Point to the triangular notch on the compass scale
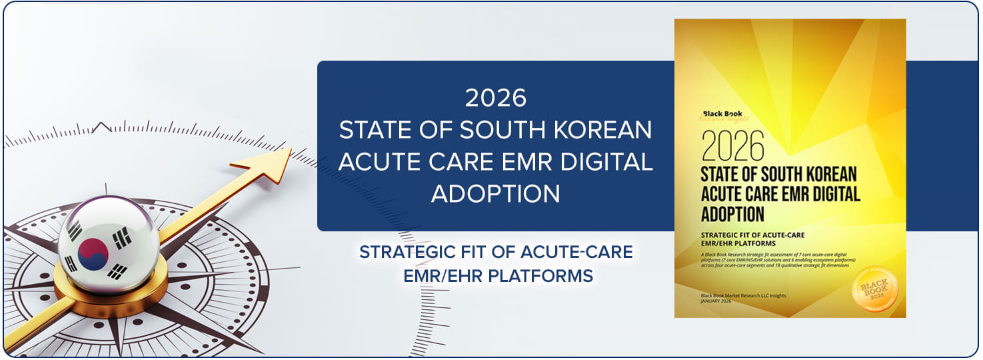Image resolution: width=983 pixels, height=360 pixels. tap(101, 126)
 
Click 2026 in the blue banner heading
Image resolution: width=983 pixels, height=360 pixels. tap(495, 98)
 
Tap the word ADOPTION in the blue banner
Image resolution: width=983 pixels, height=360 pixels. tap(495, 193)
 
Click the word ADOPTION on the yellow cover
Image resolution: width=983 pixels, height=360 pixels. tap(732, 214)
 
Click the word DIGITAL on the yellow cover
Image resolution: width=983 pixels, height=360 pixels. tap(832, 195)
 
